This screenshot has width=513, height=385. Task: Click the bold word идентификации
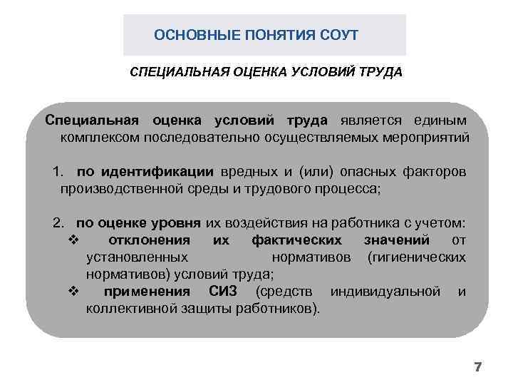156,173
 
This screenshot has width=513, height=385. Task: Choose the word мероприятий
425,136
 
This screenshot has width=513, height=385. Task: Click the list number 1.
58,173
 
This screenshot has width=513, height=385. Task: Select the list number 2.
58,224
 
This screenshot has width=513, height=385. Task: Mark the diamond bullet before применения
73,292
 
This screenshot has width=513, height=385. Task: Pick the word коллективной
128,309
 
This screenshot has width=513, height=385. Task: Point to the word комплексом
99,136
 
